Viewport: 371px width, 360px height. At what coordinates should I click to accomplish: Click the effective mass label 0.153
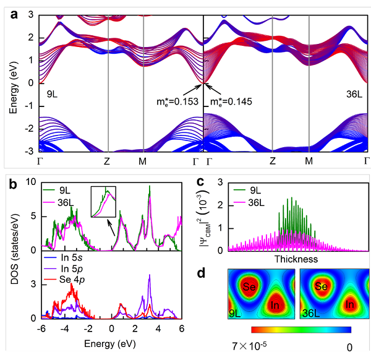tap(174, 101)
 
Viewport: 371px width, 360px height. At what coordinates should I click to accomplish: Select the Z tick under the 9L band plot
tap(108, 161)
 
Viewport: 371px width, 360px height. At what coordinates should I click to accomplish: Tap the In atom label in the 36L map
tap(349, 305)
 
